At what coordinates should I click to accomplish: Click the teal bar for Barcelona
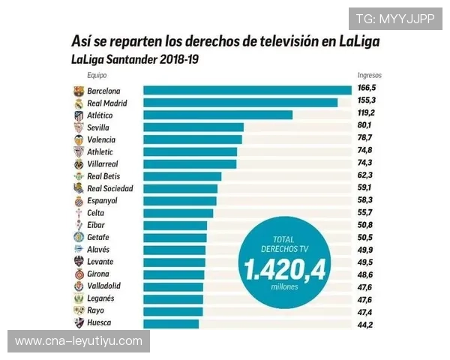pos(247,91)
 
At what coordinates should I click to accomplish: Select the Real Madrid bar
pos(240,103)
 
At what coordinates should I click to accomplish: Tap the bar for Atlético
pos(217,115)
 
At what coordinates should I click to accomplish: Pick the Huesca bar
pos(171,323)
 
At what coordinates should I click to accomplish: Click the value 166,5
pos(366,90)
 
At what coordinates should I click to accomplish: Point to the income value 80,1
pos(365,127)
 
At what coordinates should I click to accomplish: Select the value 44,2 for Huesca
pos(365,323)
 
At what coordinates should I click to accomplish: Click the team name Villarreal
pos(103,163)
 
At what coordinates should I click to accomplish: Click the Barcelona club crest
pos(79,91)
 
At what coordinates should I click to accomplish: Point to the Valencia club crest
pos(79,139)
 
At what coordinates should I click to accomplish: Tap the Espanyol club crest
pos(79,201)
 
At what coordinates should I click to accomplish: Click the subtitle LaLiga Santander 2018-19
pos(136,58)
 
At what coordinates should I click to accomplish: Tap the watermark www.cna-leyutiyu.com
pos(78,341)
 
